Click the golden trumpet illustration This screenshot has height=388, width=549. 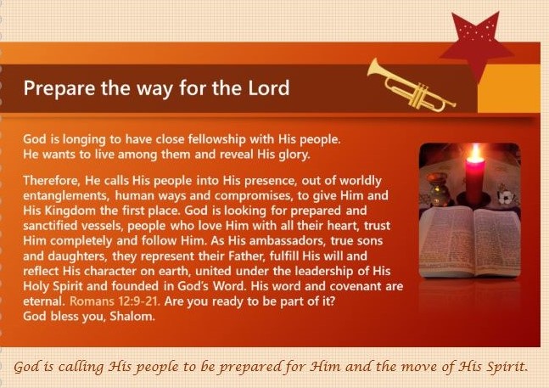tap(411, 86)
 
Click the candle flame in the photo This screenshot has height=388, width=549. tap(475, 152)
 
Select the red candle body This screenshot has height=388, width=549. tap(475, 181)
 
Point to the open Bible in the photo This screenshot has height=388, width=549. tap(470, 242)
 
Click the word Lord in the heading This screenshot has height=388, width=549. tap(268, 87)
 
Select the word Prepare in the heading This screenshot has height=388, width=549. tap(59, 88)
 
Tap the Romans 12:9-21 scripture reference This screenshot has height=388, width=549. tap(115, 301)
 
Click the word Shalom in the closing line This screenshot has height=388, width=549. tap(132, 317)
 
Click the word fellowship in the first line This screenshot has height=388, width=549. tap(216, 139)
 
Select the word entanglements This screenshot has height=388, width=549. tap(66, 196)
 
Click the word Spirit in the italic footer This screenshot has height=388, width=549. tap(510, 367)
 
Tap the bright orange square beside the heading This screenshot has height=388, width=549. tap(509, 88)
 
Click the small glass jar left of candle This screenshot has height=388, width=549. tap(438, 189)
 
